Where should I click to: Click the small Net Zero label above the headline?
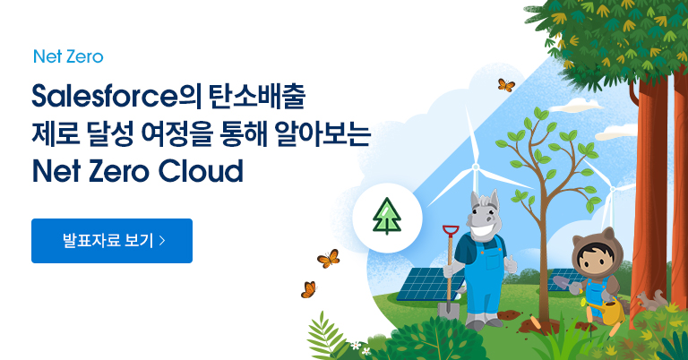pyautogui.click(x=67, y=56)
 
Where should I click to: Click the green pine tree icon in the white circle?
pyautogui.click(x=386, y=216)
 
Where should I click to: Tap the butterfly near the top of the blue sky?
pyautogui.click(x=506, y=85)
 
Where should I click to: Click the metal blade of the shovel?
pyautogui.click(x=449, y=310)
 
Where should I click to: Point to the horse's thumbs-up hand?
pyautogui.click(x=512, y=265)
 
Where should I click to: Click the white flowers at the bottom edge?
pyautogui.click(x=358, y=345)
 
